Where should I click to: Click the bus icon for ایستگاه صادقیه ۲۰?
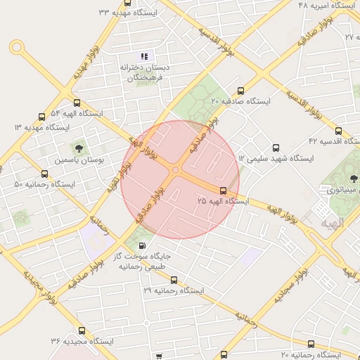pyautogui.click(x=241, y=91)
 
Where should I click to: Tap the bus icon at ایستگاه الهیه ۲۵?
pyautogui.click(x=224, y=191)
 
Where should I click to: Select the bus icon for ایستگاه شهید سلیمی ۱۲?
pyautogui.click(x=275, y=148)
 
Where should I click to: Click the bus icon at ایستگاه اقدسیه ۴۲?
pyautogui.click(x=339, y=131)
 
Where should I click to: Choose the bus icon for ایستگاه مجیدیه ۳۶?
pyautogui.click(x=83, y=330)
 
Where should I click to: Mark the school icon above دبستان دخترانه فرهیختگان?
pyautogui.click(x=144, y=56)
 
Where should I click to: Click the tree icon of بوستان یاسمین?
pyautogui.click(x=78, y=148)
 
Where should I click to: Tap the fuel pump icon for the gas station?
pyautogui.click(x=143, y=245)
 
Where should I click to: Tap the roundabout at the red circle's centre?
pyautogui.click(x=175, y=169)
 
